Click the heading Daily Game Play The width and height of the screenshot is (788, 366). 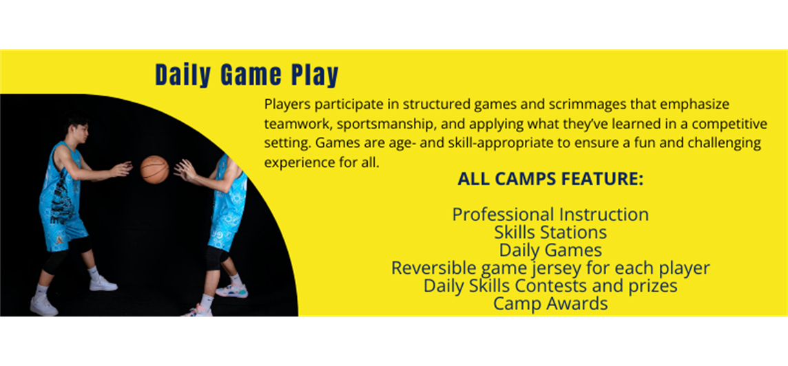pos(247,76)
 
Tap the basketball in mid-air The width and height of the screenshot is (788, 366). pos(154,169)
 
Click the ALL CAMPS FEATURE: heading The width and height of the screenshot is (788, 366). pos(550,180)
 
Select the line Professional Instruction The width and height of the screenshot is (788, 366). pos(550,215)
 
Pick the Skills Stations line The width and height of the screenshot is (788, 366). pos(550,233)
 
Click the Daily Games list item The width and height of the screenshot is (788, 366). pos(550,250)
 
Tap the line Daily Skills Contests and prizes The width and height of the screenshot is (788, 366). pos(550,286)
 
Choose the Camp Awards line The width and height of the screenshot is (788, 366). pos(550,303)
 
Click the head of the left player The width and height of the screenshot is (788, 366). pos(77,129)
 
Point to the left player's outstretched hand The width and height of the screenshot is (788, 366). pos(121,169)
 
